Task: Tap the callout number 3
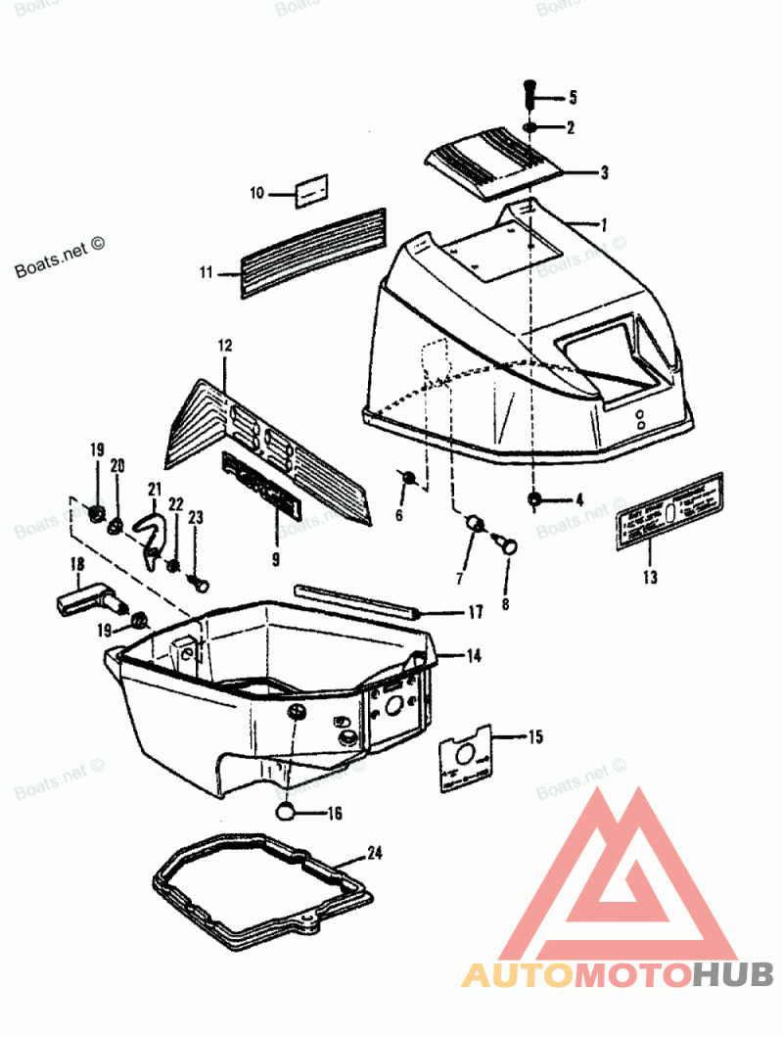(605, 172)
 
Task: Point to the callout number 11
(206, 273)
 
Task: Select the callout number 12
(225, 346)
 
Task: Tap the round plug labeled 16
(285, 809)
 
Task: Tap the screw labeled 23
(200, 584)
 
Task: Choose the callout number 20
(117, 466)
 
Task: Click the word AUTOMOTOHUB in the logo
(618, 974)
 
